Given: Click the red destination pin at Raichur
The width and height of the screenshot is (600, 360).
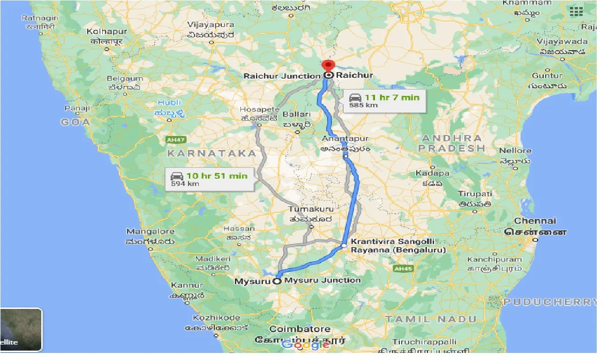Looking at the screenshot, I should coord(328,66).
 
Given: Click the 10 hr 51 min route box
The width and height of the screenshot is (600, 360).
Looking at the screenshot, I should coord(210,179).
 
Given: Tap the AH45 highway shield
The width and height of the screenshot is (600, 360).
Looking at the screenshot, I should coord(403,269).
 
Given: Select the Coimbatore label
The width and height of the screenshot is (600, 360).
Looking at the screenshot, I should coord(300,329).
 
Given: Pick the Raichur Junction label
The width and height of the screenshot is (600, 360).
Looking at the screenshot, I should coord(282,75).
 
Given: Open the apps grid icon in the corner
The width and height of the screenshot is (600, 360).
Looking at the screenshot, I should coord(576,12).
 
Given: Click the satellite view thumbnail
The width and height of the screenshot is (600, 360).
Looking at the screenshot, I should coord(21,330).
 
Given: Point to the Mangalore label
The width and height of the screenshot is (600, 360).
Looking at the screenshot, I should coord(150,232).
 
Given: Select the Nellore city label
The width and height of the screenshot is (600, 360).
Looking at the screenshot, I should coord(515,151).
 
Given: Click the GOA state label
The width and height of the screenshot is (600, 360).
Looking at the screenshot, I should coord(75,122).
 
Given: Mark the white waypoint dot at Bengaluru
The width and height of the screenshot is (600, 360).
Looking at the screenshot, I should coord(344,245).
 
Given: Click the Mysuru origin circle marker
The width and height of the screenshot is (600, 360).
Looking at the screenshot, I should coord(277,281).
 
